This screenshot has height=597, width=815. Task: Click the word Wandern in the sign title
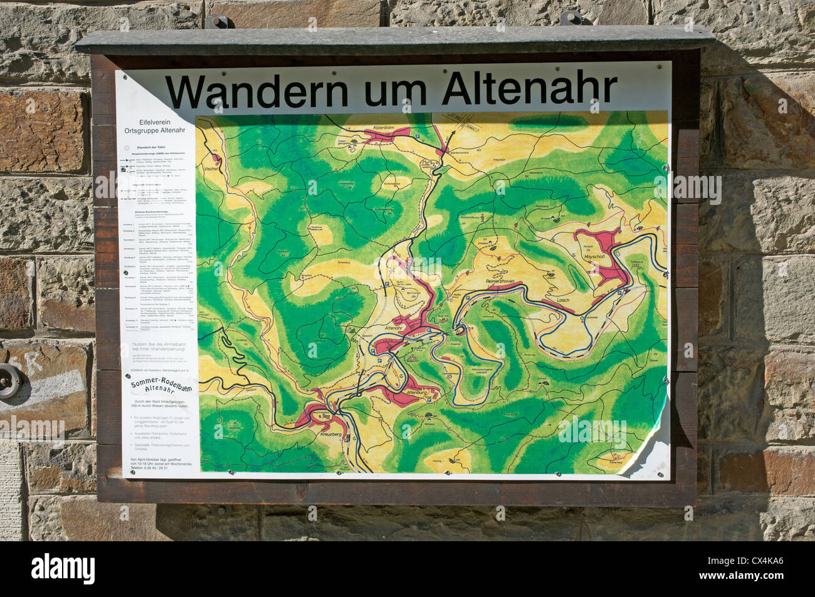pos(256,91)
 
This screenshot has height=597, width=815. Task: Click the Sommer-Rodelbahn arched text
pos(162,388)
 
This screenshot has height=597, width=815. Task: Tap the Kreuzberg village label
pos(333,434)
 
